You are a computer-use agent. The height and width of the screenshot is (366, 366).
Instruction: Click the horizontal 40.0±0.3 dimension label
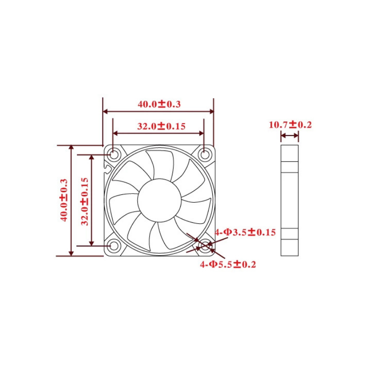[159, 104]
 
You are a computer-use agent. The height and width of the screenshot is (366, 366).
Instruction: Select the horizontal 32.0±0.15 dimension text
[161, 126]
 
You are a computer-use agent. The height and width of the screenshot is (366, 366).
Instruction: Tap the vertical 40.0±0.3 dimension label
[64, 200]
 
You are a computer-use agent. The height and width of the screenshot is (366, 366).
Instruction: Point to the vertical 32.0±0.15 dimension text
[85, 201]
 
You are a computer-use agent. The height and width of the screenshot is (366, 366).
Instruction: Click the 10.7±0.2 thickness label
[291, 125]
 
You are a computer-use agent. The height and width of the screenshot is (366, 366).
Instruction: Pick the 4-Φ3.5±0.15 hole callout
[245, 232]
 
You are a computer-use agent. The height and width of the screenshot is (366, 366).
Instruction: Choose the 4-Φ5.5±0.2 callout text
[228, 264]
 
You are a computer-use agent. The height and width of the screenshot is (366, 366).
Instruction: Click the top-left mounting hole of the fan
[113, 155]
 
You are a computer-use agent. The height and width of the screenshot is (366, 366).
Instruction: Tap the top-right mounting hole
[205, 155]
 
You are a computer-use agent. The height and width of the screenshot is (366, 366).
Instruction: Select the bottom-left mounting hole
[113, 246]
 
